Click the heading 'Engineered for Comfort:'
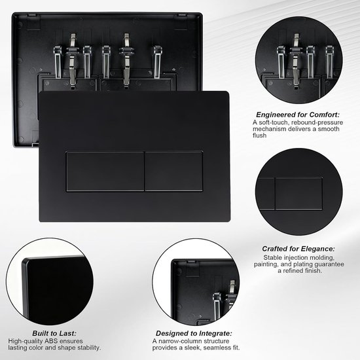(298, 115)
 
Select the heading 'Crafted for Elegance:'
(298, 249)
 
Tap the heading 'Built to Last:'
(54, 333)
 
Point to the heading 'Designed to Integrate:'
(194, 333)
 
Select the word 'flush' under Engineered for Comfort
(260, 135)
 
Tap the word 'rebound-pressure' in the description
(317, 122)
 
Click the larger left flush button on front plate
(105, 171)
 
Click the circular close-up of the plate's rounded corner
(50, 281)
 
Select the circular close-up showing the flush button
(298, 192)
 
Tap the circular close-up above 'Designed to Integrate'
(196, 281)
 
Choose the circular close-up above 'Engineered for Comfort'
(298, 60)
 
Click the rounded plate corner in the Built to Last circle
(26, 261)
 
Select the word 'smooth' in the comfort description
(329, 129)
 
